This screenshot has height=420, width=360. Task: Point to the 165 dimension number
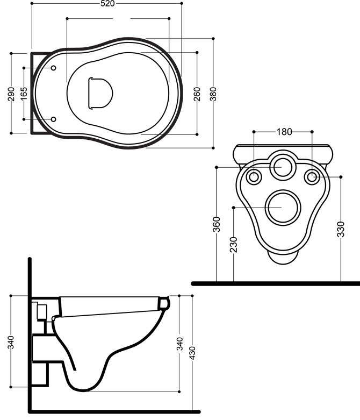click(x=24, y=93)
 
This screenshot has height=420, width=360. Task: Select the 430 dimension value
click(x=192, y=353)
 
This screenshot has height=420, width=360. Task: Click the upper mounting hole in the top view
click(x=54, y=68)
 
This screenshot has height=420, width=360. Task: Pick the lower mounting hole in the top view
click(x=54, y=119)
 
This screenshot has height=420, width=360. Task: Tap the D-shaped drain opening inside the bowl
click(x=99, y=92)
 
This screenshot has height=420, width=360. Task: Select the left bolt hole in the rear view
click(x=254, y=176)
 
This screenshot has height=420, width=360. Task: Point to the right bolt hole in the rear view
click(x=312, y=176)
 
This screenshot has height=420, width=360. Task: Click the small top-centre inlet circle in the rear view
click(x=282, y=167)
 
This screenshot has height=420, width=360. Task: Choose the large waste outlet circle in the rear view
click(x=283, y=208)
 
